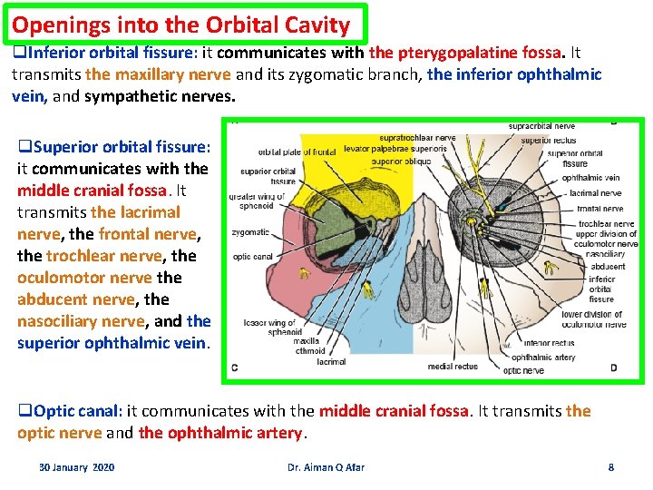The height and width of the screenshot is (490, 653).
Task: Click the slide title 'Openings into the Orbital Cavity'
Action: pos(181,24)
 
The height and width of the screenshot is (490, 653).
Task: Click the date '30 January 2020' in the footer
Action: pos(76,466)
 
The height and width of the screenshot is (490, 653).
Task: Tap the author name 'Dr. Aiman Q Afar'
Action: pos(326,466)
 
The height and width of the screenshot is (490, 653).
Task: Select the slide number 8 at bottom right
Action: pos(610,466)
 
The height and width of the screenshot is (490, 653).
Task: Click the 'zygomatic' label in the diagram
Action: pos(250,232)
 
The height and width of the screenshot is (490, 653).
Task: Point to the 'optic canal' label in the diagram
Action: pos(254,257)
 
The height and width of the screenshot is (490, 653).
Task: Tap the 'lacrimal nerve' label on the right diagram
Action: pos(595,193)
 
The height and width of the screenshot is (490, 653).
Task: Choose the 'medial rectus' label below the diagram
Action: pos(453,367)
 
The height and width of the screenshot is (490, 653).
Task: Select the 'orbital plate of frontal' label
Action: pos(297,152)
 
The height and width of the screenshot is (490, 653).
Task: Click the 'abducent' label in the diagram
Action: pos(607,267)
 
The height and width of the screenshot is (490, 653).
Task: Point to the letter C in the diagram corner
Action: pos(235,367)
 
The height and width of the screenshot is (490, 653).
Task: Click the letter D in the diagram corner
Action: pos(613,367)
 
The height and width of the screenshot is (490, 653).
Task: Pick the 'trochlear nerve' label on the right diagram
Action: pos(605,223)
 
